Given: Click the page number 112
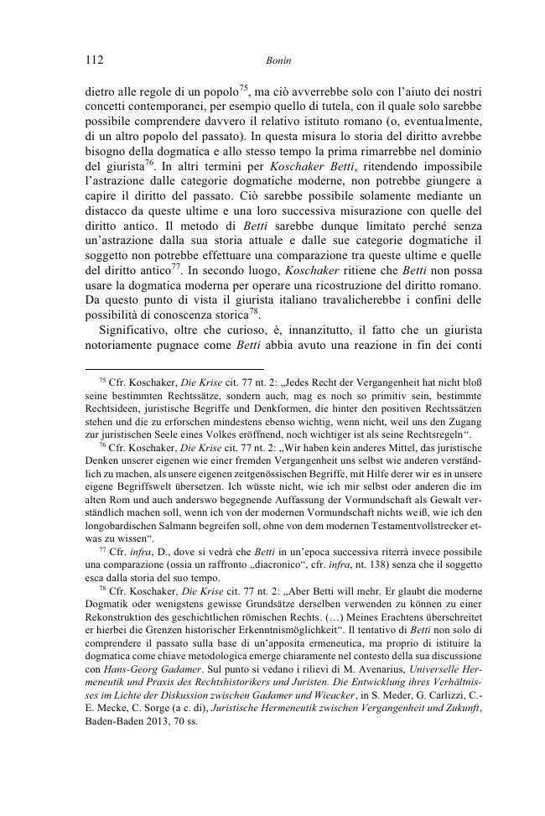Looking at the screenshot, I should point(94,60).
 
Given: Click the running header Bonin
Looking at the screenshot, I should point(276,60).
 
